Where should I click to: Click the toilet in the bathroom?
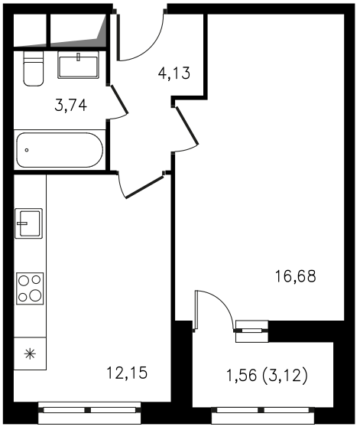point(34,69)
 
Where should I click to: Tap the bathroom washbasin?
point(79,66)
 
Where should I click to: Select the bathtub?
point(60,150)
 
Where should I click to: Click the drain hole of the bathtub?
point(27,150)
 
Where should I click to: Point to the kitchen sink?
point(28,223)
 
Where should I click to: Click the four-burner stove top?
point(30,288)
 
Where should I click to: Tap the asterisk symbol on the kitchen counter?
point(30,354)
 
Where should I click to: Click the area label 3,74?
point(70,106)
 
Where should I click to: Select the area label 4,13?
point(174,73)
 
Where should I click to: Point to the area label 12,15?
point(127,373)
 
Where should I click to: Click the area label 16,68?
point(295,276)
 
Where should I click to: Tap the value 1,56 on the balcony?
point(242,375)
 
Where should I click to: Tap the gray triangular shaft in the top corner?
point(102,30)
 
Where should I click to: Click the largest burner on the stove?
point(36,295)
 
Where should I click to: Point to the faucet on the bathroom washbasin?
point(79,57)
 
